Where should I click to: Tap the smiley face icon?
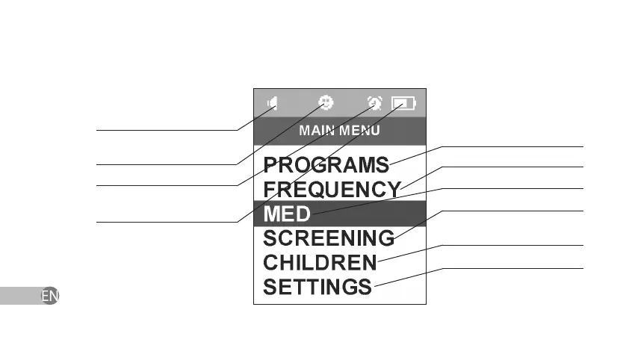tap(326, 102)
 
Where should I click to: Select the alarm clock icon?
tap(374, 103)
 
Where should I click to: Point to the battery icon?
tap(404, 103)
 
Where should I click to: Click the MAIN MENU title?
tap(339, 130)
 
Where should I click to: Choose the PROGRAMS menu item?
tap(326, 164)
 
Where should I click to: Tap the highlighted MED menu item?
tap(287, 214)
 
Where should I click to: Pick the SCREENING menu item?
tap(329, 238)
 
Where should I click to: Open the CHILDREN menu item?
tap(320, 262)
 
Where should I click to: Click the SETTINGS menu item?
tap(317, 286)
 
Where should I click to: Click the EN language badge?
tap(49, 296)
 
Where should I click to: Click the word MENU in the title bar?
tap(360, 130)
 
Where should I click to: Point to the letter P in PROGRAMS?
tap(270, 164)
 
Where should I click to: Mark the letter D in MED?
tap(300, 214)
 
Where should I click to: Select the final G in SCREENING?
tap(385, 238)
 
